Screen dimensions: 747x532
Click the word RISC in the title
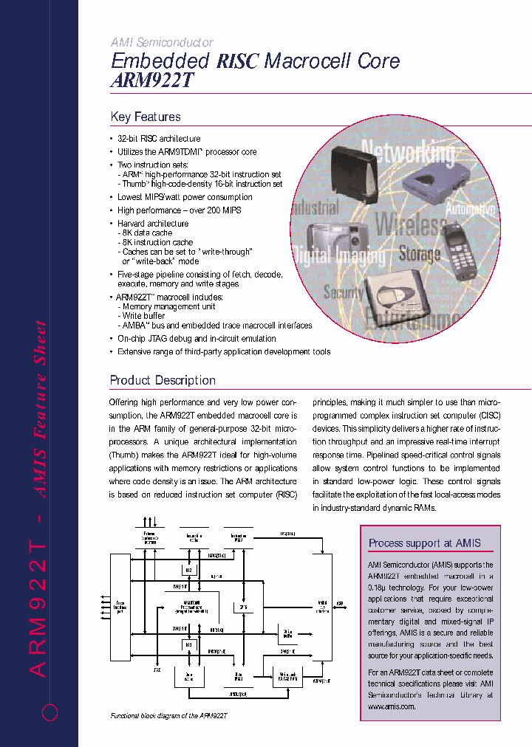tap(237, 61)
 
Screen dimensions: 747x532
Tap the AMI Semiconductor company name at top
tap(162, 43)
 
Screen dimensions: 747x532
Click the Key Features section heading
tap(146, 117)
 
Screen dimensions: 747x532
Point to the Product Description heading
tap(163, 380)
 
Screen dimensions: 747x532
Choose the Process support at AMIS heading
tap(424, 543)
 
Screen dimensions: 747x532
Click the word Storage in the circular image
tap(419, 255)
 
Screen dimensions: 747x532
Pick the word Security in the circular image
tap(344, 292)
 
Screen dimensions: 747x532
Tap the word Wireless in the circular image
tap(410, 224)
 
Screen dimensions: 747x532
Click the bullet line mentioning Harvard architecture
tap(153, 224)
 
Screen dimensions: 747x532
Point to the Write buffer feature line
tap(143, 316)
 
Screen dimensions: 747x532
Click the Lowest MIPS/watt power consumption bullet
tap(185, 197)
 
